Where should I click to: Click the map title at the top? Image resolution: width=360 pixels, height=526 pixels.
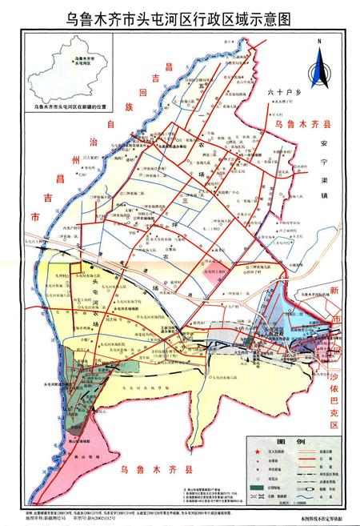180,17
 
